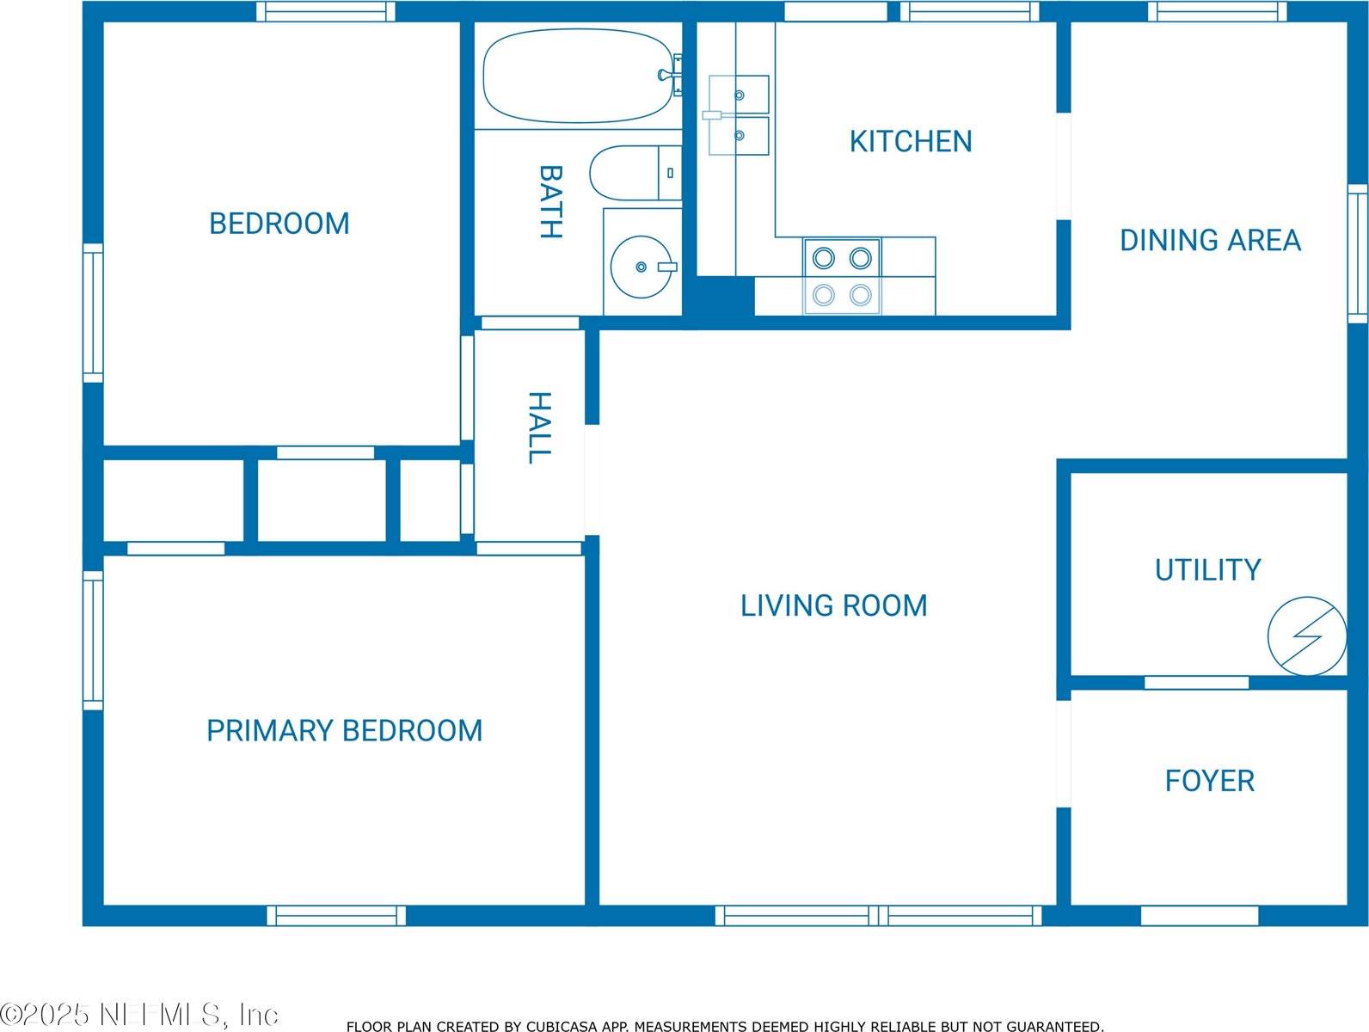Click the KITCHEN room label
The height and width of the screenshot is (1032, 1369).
tap(911, 142)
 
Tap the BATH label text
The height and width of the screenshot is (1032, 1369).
tap(550, 201)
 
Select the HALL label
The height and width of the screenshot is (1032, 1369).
tap(540, 427)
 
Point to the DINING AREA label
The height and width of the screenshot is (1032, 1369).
tap(1211, 240)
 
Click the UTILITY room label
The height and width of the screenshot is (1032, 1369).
tap(1208, 570)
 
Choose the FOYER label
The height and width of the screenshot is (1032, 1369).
tap(1210, 781)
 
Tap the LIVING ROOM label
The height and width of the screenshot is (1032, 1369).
tap(834, 605)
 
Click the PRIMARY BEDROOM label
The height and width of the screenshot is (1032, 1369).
tap(344, 731)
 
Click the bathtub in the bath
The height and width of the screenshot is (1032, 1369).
tap(578, 76)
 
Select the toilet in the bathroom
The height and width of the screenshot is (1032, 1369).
tap(635, 173)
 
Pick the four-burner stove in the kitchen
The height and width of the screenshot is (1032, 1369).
tap(842, 276)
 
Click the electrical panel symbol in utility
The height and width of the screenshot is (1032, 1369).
tap(1306, 636)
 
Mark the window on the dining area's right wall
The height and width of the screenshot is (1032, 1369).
tap(1357, 253)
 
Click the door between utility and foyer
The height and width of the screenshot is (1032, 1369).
tap(1196, 683)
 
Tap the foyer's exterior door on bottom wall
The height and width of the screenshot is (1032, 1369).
tap(1200, 915)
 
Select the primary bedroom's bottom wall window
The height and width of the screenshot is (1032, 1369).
tap(336, 915)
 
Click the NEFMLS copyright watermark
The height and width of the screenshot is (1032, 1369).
tap(139, 1015)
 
